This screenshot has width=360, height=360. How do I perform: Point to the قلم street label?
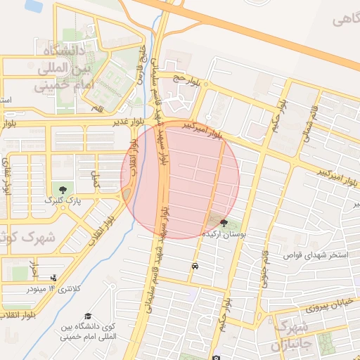coord(98,109)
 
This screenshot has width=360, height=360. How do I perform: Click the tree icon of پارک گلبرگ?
coord(64,189)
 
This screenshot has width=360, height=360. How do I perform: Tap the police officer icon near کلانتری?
coord(55,278)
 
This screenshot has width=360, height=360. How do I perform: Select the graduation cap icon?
coord(88,316)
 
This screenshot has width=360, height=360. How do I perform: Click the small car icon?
coord(194,266)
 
